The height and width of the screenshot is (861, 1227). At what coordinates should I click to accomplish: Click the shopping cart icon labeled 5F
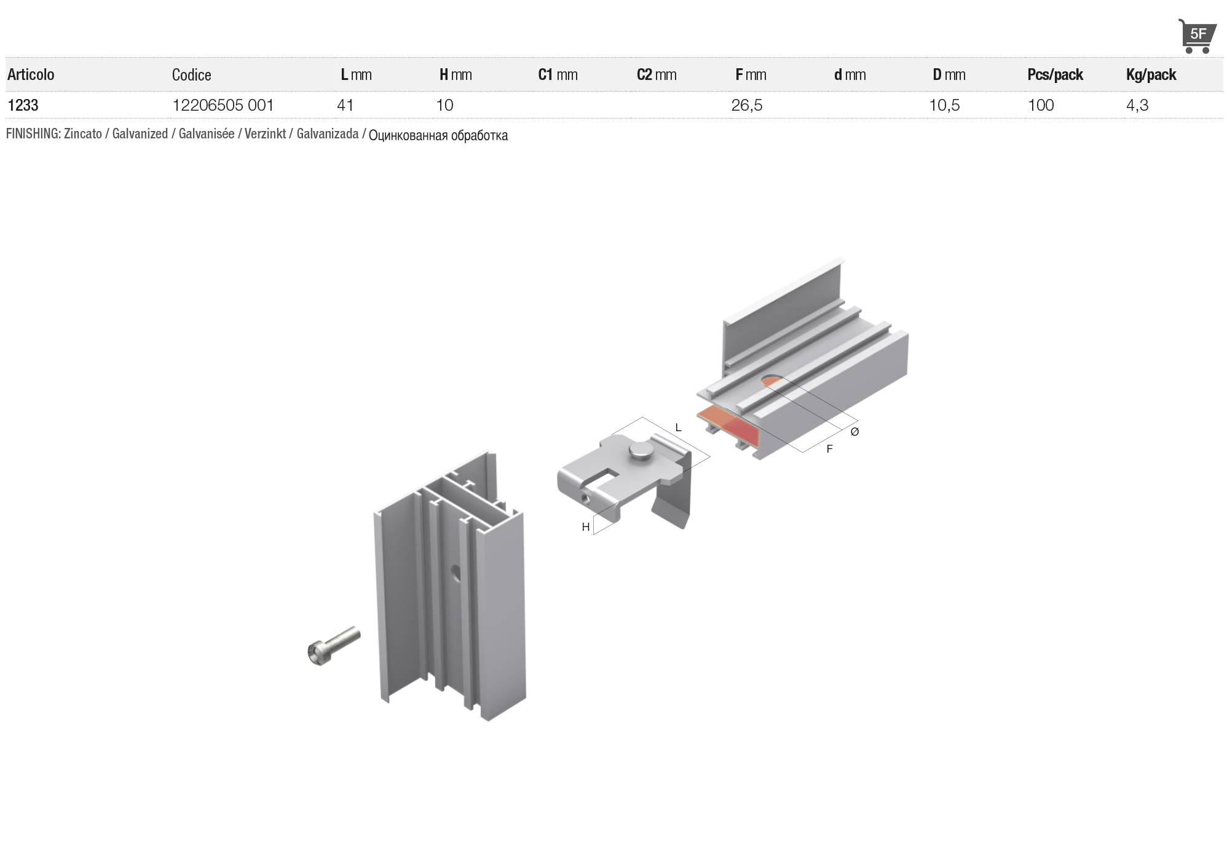1196,36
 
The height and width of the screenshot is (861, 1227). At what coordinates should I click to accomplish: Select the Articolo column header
31,74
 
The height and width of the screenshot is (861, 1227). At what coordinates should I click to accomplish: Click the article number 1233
23,105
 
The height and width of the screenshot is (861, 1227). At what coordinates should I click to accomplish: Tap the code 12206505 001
223,105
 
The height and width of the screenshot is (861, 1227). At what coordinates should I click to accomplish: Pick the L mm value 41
345,105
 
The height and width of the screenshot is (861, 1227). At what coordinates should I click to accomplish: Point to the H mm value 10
444,105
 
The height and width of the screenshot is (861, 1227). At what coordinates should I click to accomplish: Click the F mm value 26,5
747,105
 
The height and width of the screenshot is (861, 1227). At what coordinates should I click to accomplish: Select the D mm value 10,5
944,105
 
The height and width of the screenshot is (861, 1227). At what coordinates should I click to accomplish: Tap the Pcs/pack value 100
1041,105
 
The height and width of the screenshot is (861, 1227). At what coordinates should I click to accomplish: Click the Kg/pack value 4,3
1137,105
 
